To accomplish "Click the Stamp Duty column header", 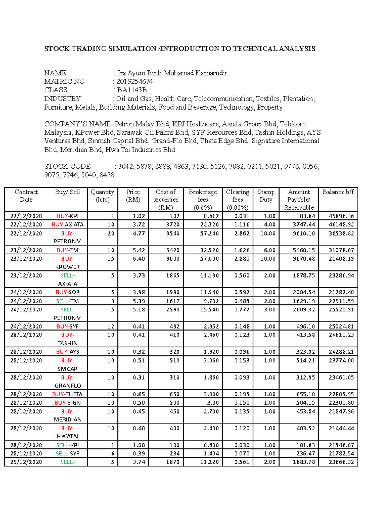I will click(x=266, y=196).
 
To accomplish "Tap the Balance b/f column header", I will click(x=338, y=192).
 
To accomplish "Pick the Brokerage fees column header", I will click(x=203, y=200).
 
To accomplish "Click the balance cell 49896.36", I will click(x=341, y=216).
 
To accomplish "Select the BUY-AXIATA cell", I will click(x=67, y=225).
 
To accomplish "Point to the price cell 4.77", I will click(x=139, y=233).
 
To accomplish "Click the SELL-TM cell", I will click(x=67, y=301).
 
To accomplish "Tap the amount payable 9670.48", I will click(x=304, y=259).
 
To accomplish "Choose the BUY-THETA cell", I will click(x=67, y=394).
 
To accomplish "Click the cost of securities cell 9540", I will click(x=172, y=233).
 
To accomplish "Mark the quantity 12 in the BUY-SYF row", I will click(x=111, y=326).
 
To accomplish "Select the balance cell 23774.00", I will click(x=341, y=361).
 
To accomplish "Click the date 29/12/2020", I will click(x=26, y=462).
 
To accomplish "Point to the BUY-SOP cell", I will click(x=67, y=292).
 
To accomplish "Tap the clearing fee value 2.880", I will click(x=242, y=259).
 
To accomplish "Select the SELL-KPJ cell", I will click(x=67, y=445).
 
